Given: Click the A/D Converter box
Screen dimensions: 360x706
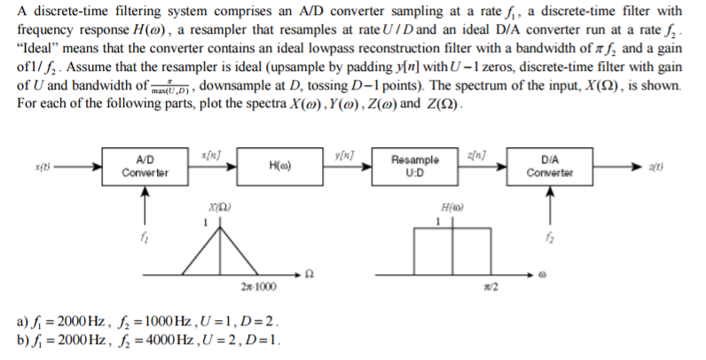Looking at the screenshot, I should coord(145,165).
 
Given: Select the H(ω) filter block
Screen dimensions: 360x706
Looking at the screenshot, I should coord(280,165).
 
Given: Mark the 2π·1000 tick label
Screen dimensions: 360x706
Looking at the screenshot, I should coord(256,286).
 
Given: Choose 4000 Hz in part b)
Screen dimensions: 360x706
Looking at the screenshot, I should coord(181,340).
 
